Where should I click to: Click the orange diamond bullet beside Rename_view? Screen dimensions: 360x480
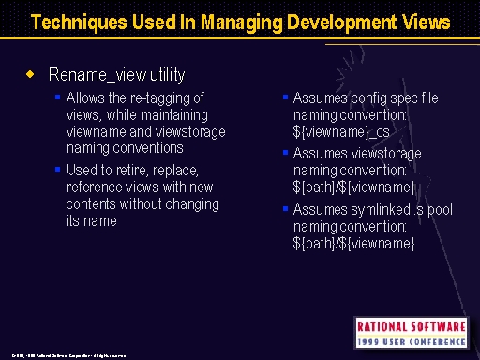29,72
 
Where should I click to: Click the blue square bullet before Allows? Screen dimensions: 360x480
57,97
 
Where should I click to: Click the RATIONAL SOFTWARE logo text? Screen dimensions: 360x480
410,326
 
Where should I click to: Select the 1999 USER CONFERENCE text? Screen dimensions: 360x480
410,341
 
